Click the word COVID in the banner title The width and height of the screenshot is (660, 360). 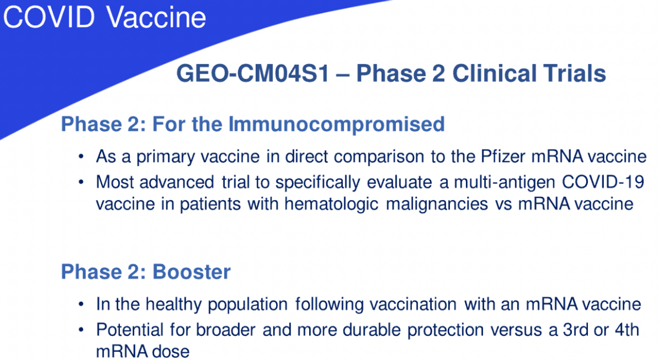tap(49, 17)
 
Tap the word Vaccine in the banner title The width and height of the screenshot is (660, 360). tap(156, 17)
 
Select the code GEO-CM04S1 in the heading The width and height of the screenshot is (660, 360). tap(252, 73)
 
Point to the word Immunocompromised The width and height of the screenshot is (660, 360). tap(337, 125)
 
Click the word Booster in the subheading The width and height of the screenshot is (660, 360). tap(191, 272)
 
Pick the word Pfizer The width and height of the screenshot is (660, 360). tap(503, 156)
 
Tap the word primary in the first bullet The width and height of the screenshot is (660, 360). tap(166, 157)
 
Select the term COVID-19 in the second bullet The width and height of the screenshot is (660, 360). tap(603, 181)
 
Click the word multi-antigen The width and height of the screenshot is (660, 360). tap(504, 182)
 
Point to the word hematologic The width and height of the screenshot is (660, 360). tap(331, 204)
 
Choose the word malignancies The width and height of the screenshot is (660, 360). tap(437, 204)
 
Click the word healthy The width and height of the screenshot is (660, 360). tap(174, 304)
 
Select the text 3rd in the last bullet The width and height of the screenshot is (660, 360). tap(575, 330)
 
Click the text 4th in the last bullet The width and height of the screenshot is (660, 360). tap(628, 330)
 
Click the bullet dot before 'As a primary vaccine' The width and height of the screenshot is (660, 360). tap(81, 157)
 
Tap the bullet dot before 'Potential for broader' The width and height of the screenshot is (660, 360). tap(81, 330)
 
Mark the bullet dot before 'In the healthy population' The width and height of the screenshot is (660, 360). tap(81, 304)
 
